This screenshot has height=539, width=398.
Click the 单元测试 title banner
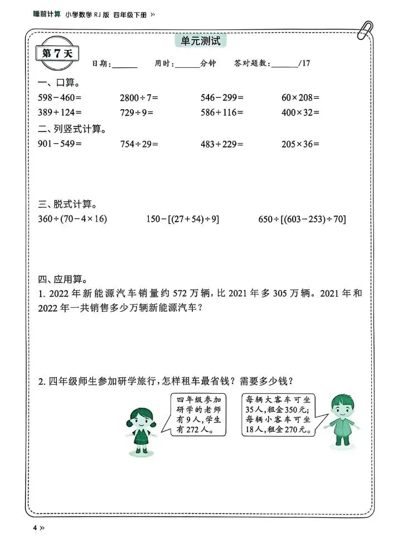click(x=200, y=42)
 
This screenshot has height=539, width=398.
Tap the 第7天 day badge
click(x=57, y=53)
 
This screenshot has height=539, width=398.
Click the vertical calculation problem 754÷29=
click(x=139, y=144)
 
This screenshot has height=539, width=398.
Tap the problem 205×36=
click(x=300, y=144)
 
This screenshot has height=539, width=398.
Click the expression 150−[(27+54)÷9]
click(x=181, y=219)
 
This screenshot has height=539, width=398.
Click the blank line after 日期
click(x=124, y=65)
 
